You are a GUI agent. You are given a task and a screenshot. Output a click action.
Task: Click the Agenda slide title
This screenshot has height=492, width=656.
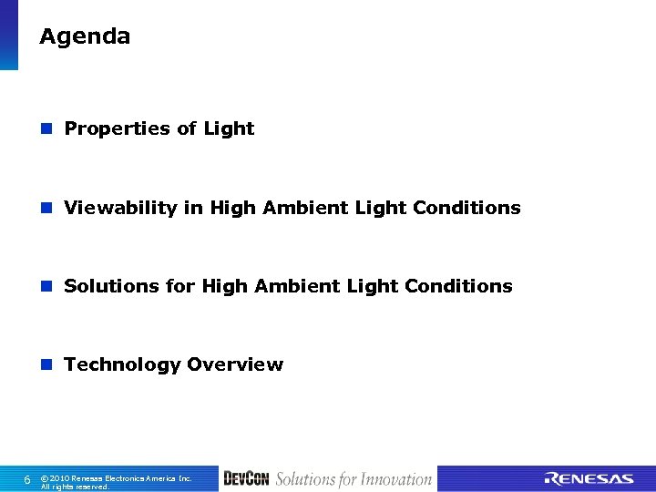(x=85, y=37)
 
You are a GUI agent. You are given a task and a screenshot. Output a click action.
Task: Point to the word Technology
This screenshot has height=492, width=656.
(x=122, y=365)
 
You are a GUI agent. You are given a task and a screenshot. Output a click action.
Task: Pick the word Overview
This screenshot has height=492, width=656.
(x=235, y=364)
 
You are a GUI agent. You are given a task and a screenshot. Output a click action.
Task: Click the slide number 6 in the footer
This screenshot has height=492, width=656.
(x=27, y=479)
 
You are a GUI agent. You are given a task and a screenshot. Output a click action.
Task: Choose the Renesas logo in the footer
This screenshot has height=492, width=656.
(x=589, y=479)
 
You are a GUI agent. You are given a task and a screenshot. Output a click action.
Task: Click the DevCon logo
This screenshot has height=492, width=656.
(x=246, y=479)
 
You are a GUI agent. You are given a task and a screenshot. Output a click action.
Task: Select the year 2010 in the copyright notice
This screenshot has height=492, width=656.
(x=61, y=477)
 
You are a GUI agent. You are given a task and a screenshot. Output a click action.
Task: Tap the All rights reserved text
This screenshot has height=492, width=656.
(x=75, y=487)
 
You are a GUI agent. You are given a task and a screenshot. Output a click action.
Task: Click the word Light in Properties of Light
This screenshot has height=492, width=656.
(x=229, y=129)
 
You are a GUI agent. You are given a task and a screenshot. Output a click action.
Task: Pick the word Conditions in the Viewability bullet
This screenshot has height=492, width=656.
(x=466, y=208)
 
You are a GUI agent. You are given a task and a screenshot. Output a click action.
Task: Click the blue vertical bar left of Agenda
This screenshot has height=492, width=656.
(x=8, y=35)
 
